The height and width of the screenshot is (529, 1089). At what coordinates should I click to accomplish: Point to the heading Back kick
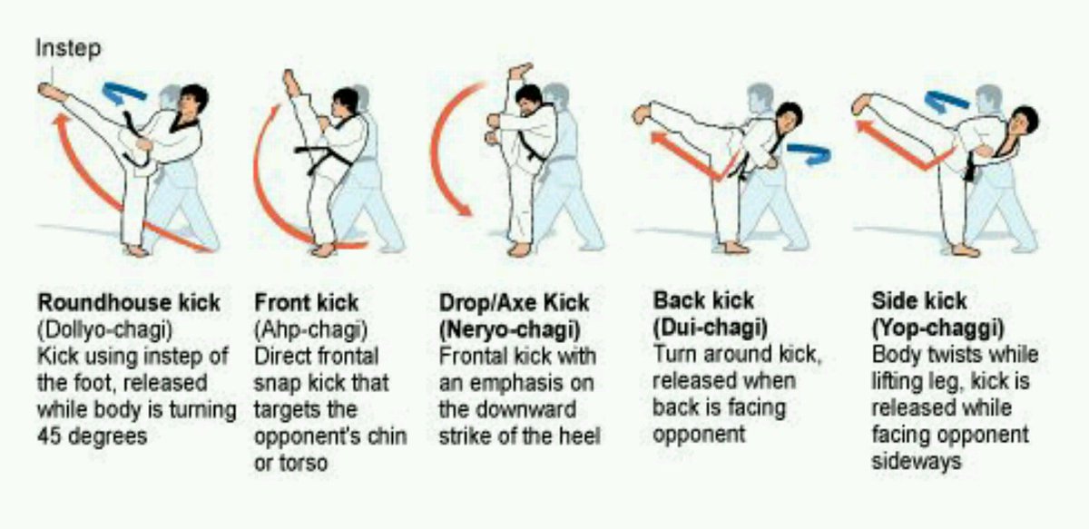coord(703,300)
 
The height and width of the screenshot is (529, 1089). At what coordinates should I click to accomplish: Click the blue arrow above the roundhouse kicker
coord(124,92)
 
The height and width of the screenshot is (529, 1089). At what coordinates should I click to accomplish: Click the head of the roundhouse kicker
coord(192,98)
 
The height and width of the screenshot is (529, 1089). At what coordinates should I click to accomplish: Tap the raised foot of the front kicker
coord(291,83)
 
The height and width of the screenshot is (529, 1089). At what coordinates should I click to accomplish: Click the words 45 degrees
coord(93,435)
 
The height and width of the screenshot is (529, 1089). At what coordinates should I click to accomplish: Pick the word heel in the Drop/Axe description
coord(582,435)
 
